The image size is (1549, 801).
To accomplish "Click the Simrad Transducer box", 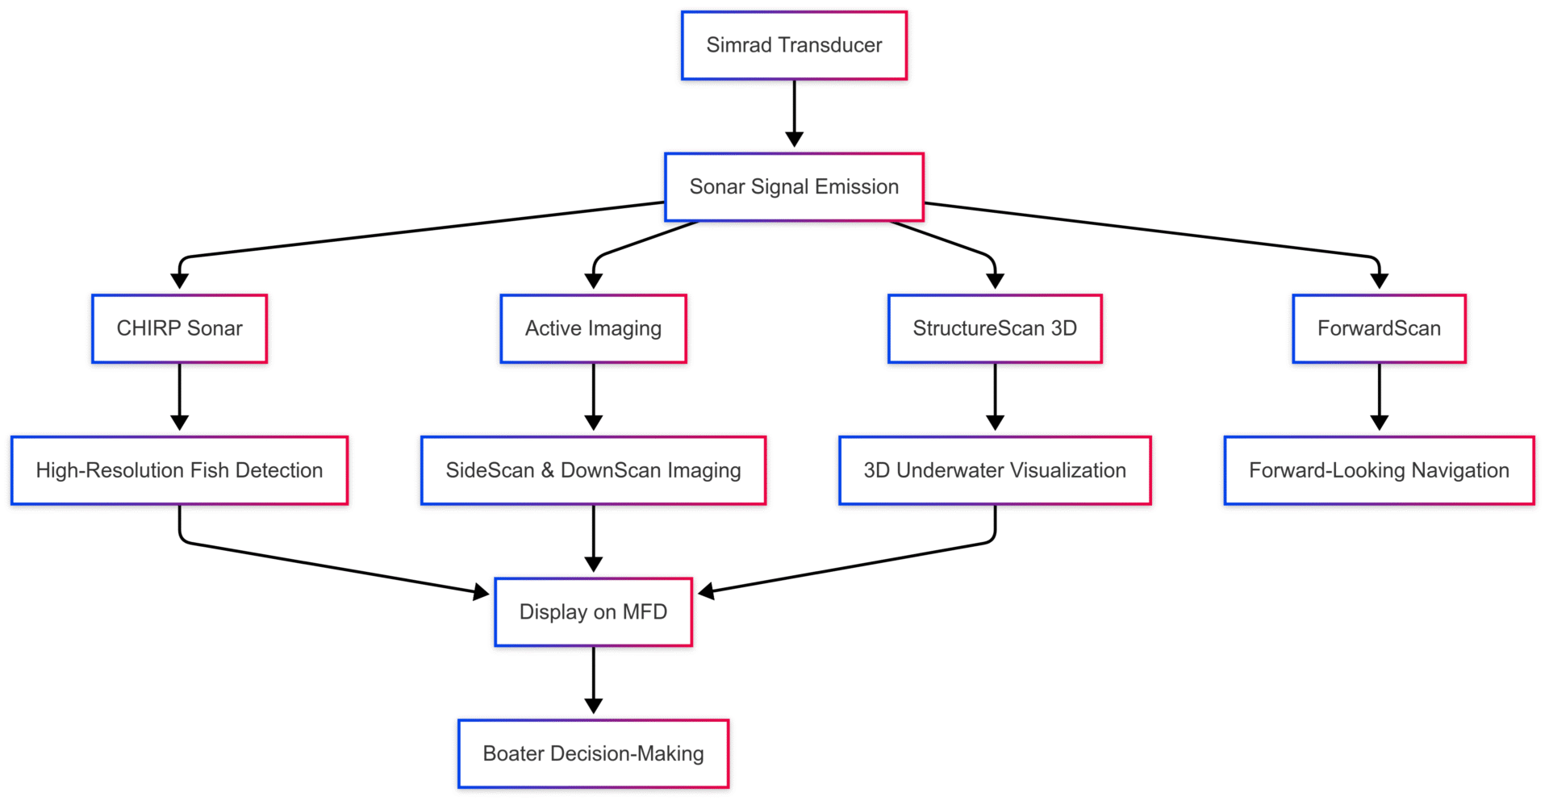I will (794, 45).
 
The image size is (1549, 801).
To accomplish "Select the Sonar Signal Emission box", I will (794, 187).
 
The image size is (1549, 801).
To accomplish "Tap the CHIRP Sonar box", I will (179, 328).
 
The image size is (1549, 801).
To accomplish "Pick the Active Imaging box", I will (593, 328).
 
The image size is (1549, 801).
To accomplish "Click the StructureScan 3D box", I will (995, 328).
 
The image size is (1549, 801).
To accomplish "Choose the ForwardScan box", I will (1379, 328).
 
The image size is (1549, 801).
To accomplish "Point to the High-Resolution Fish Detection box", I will (179, 470).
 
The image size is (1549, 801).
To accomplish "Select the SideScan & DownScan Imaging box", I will (593, 470).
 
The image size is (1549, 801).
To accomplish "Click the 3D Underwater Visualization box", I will (995, 470).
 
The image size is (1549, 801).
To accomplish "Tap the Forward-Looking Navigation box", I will (1379, 470).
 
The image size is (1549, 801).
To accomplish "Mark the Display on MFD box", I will (593, 612).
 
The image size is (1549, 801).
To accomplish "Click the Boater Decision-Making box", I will (593, 753).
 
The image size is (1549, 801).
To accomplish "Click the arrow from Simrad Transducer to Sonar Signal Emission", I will (794, 113).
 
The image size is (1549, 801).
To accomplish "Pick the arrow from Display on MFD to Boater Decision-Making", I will (593, 680).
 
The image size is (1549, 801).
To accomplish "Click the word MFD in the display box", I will (645, 612).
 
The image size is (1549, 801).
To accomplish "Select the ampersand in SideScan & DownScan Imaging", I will (547, 470).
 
